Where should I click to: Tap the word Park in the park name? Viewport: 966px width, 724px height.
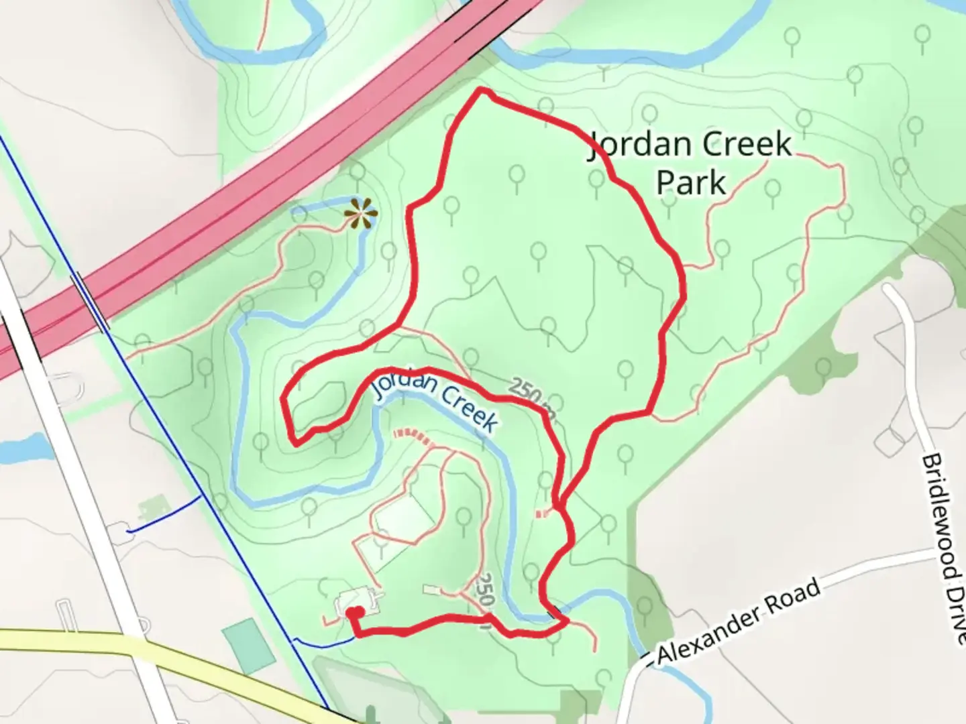[691, 182]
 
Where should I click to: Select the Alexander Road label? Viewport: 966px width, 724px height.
[739, 621]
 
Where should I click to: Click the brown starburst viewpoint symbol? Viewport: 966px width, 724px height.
[361, 214]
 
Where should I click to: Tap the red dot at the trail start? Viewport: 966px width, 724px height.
[354, 612]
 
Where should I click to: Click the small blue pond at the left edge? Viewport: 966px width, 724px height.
[23, 448]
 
